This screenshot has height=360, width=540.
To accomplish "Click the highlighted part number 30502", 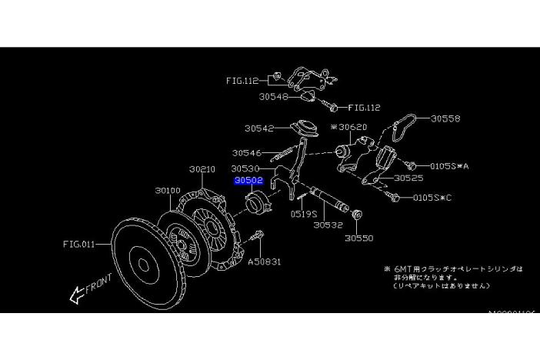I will pos(249,182).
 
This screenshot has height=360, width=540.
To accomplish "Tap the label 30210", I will pos(202,168).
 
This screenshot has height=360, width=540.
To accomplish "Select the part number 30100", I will pos(167,190).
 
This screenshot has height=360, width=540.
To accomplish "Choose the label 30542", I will pos(260,128).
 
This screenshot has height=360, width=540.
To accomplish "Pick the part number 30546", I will pos(247,153).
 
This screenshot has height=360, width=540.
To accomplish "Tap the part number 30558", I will pos(445,119).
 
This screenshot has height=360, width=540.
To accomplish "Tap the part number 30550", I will pos(358,238).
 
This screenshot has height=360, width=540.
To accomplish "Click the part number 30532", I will pos(328,226).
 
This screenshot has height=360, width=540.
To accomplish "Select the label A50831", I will pos(263,262).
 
